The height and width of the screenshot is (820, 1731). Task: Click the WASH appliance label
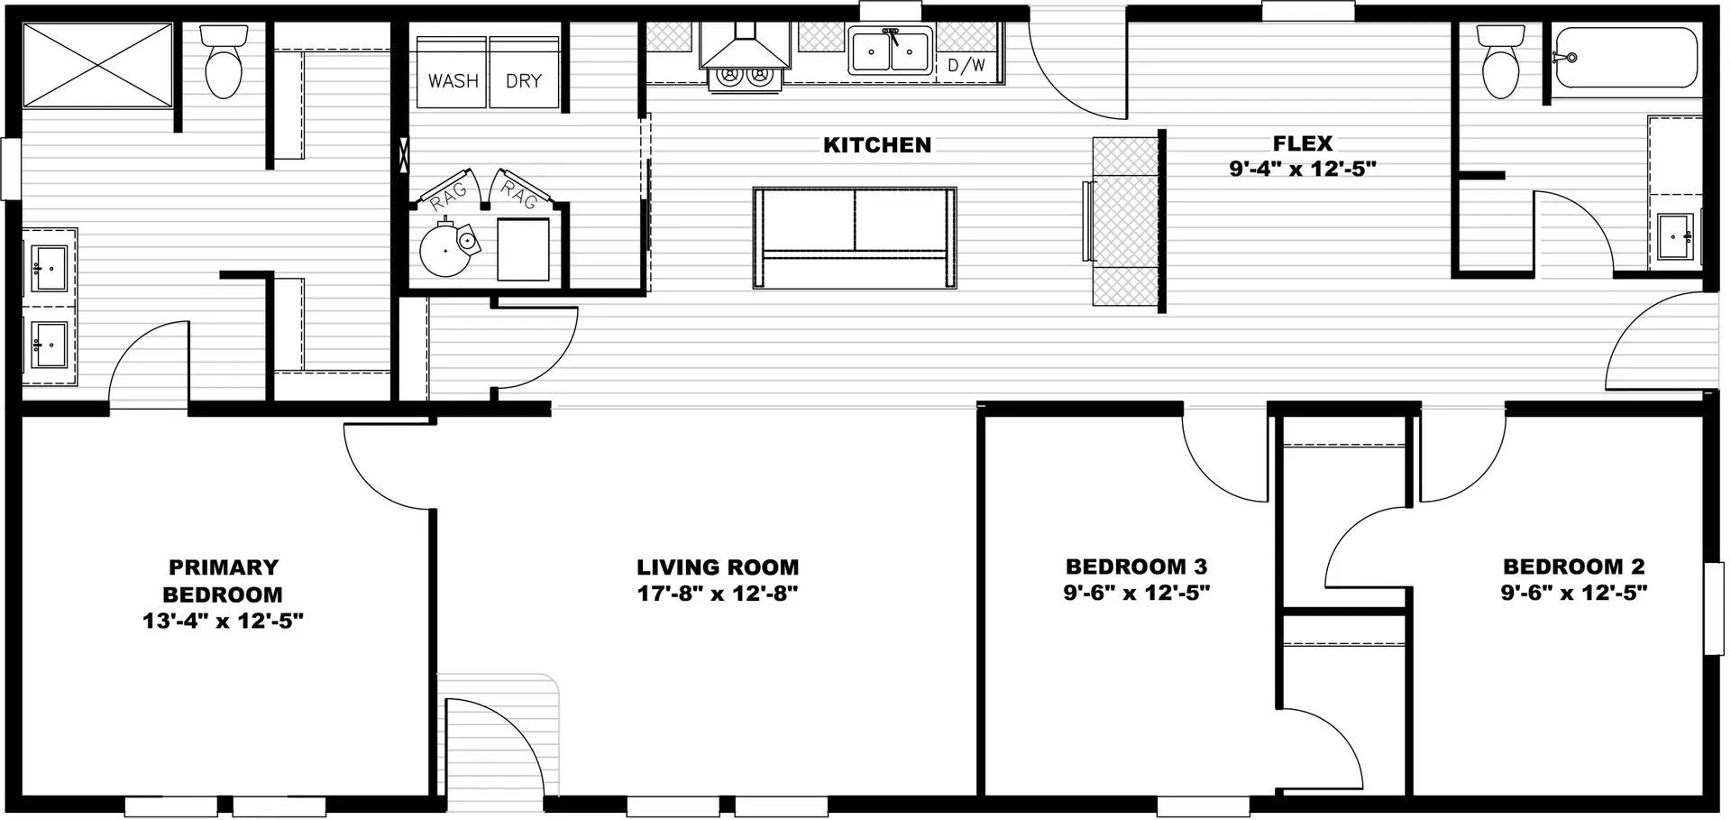453,81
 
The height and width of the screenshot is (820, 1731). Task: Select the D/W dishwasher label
966,66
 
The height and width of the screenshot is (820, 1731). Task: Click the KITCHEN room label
876,145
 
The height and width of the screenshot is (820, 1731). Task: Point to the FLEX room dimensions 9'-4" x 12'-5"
1302,169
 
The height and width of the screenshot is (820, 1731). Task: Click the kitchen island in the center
854,238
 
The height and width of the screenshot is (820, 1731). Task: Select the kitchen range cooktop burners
745,78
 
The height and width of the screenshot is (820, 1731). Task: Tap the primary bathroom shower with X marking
96,65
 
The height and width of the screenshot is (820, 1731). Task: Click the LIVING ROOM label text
718,567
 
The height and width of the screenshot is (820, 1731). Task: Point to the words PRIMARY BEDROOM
223,581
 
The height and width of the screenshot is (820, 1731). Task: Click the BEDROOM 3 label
1136,567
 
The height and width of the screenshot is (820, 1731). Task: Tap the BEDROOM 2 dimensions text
1573,594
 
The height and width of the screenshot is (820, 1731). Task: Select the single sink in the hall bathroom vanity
1675,236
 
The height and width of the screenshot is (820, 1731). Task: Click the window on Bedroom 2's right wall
1713,608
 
